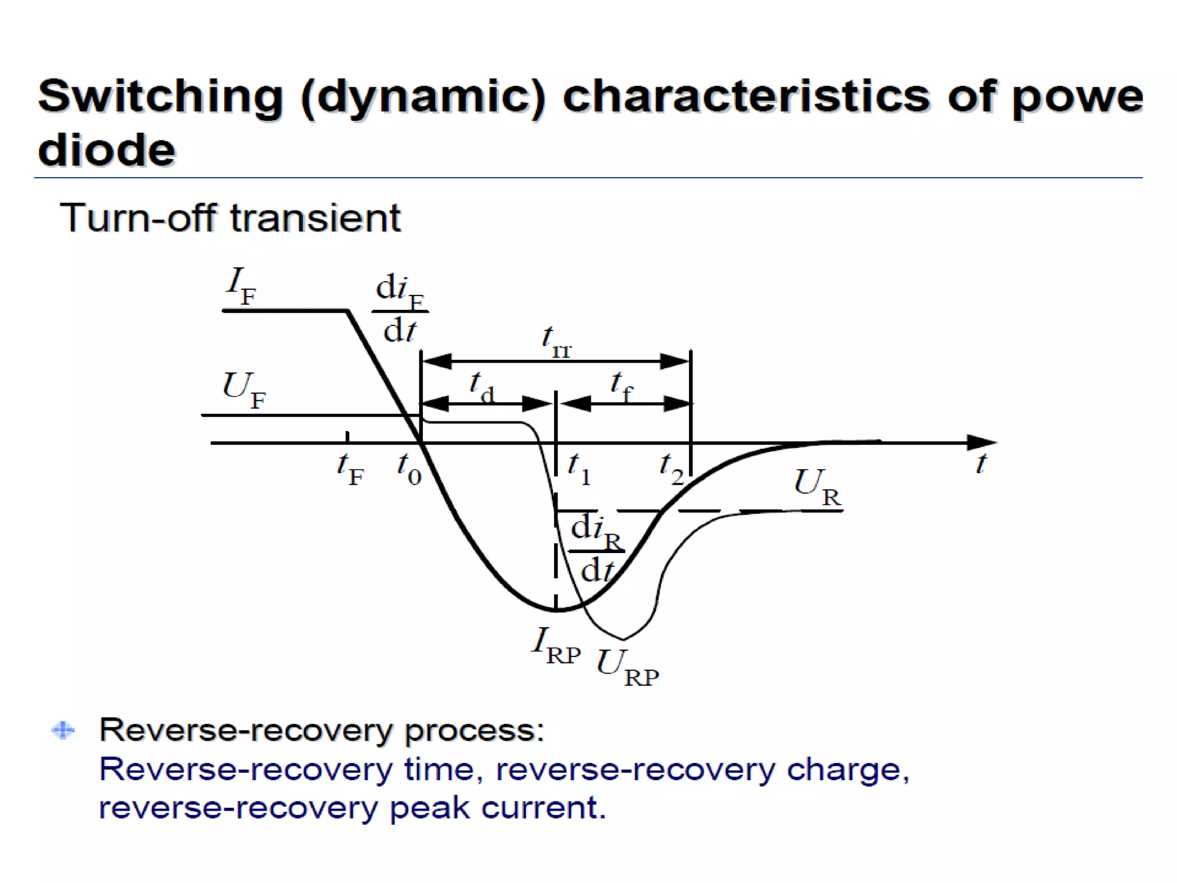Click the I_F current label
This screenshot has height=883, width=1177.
point(241,286)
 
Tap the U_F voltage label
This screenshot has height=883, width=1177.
point(244,389)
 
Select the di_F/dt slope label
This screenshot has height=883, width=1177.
point(400,308)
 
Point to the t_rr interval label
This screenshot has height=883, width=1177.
point(556,341)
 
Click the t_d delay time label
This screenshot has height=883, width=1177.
point(482,387)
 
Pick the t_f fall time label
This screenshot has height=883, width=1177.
point(621,387)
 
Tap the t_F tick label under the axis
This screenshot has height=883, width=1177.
point(350,469)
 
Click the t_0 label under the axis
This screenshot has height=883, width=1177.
point(409,469)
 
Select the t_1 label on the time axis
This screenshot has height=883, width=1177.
point(579,469)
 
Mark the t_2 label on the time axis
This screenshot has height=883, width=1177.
point(671,469)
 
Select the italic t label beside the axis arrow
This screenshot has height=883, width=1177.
point(981,463)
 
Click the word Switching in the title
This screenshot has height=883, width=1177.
point(160,96)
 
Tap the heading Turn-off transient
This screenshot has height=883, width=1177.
point(230,218)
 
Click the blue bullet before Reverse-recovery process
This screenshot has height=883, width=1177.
point(63,730)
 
